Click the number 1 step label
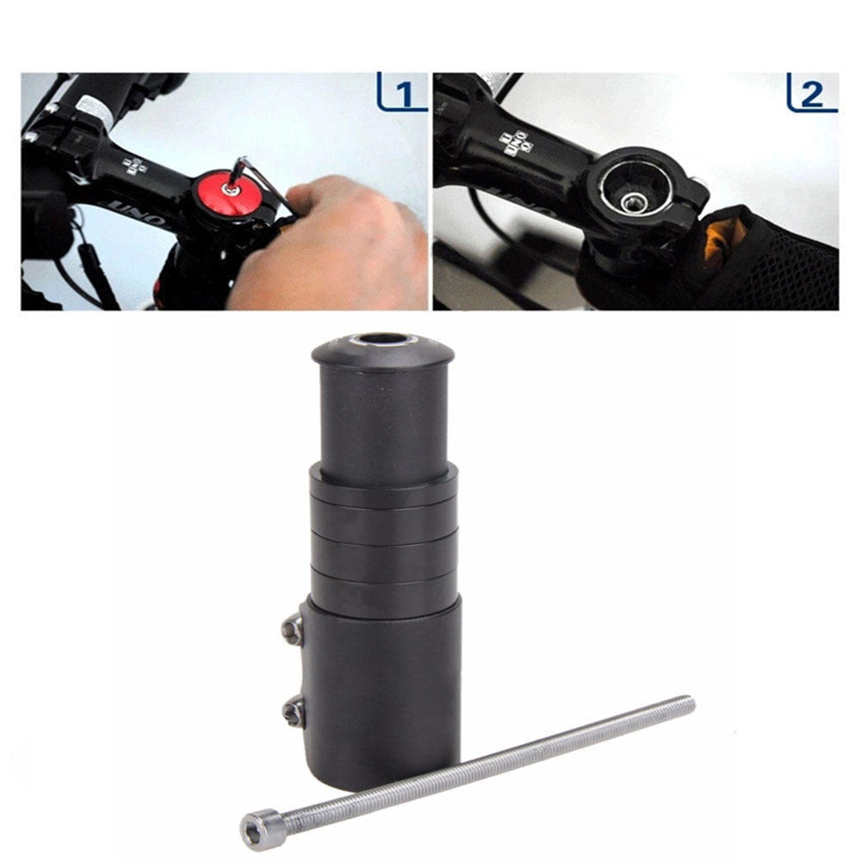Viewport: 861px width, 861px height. click(x=402, y=93)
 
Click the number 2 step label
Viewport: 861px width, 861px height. click(x=811, y=93)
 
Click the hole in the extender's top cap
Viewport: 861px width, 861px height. click(x=383, y=339)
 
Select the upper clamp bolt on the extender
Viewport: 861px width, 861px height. click(x=293, y=629)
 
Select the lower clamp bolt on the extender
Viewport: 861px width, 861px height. click(x=293, y=710)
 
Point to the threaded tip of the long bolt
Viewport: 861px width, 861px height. click(x=684, y=703)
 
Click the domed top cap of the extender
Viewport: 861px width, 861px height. click(x=383, y=350)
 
